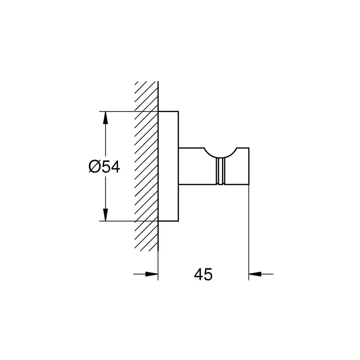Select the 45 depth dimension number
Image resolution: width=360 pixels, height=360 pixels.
(203, 274)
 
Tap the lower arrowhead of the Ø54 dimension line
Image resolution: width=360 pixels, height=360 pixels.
(105, 214)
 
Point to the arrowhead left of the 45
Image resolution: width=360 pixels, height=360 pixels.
(152, 274)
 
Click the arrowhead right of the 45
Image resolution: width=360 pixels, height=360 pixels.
(255, 274)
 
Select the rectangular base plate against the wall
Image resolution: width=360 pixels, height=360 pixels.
(168, 166)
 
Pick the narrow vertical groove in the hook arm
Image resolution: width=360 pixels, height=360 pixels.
(219, 171)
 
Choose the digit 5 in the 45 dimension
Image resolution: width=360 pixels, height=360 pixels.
(208, 274)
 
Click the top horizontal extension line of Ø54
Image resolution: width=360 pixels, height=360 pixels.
(120, 111)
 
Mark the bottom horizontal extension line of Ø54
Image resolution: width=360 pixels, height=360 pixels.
(120, 221)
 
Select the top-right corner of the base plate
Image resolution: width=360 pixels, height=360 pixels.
(178, 111)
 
